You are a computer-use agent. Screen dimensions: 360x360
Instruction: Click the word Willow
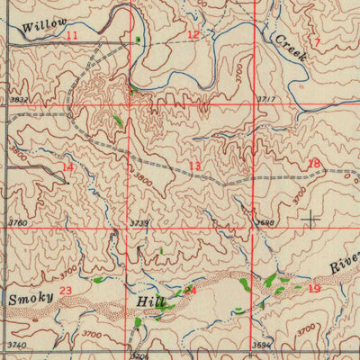tap(41, 28)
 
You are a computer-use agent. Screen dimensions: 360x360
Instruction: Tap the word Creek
tap(291, 48)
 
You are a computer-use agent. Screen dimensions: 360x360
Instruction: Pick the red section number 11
tap(72, 34)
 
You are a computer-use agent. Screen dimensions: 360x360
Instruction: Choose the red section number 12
tap(193, 34)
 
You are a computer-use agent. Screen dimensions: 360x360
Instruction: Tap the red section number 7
tap(317, 42)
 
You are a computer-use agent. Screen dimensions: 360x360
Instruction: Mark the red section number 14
tap(68, 167)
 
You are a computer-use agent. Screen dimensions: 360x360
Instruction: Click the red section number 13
tap(194, 166)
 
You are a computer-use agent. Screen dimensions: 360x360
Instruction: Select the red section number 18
tap(313, 164)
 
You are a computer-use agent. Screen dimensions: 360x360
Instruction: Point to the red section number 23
tap(66, 290)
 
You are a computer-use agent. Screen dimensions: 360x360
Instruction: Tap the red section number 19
tap(313, 288)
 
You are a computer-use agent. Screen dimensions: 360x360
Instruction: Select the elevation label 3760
tap(17, 222)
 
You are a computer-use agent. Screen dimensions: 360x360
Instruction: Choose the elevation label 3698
tap(264, 221)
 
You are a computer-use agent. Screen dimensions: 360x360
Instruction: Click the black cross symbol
tap(311, 219)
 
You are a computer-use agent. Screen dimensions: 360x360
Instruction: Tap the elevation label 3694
tap(261, 345)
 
